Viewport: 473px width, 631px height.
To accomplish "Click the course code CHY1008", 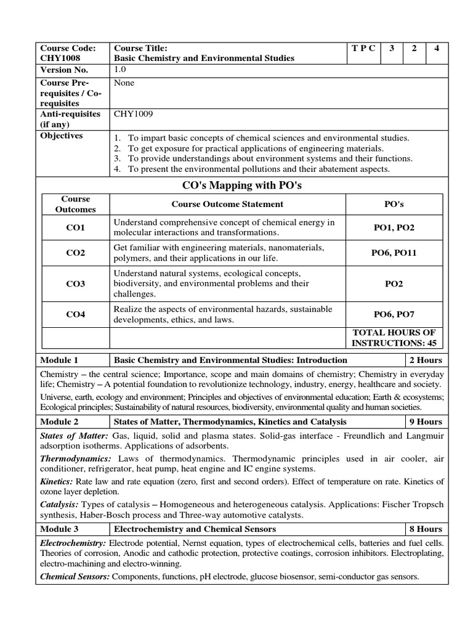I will pos(60,58).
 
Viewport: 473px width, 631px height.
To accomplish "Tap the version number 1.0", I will pos(120,70).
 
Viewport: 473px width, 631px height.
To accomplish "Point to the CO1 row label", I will pos(76,227).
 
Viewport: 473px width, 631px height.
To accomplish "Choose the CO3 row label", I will pos(76,283).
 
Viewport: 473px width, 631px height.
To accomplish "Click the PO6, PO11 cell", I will pos(394,253).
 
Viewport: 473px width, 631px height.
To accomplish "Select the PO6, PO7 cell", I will pos(394,314).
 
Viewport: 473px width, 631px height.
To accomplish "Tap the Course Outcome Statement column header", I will pos(227,204).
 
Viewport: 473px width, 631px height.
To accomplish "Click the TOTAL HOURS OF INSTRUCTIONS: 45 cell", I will pos(394,337).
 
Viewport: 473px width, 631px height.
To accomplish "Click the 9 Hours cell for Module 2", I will pos(426,421).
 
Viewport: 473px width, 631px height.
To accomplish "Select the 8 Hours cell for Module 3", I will pos(426,529).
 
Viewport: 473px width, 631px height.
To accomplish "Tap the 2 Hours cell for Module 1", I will pos(426,360).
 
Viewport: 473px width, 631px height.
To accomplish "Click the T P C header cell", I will pos(363,48).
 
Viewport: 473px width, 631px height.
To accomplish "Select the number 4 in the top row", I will pos(436,48).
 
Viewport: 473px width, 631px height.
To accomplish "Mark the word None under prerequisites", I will pos(124,83).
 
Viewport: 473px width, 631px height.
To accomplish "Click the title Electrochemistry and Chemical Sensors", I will pos(195,529).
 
